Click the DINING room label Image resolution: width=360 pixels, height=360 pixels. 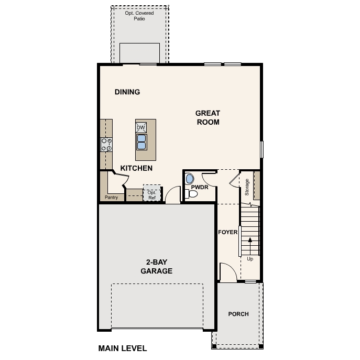[127, 92]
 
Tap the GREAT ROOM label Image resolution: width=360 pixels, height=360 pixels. [208, 117]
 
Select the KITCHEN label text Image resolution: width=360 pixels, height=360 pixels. [136, 168]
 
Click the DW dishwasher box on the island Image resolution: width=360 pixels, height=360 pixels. [141, 127]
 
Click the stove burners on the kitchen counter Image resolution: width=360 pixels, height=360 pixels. [106, 144]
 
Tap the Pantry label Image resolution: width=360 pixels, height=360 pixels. [111, 198]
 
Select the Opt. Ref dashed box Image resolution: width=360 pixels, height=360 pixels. [152, 193]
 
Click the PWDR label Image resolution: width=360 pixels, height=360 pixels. [200, 187]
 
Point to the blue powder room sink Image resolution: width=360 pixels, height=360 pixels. [190, 179]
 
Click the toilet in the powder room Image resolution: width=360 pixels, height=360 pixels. [192, 194]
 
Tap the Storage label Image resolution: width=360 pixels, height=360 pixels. [247, 187]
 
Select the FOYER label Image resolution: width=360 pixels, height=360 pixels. [228, 232]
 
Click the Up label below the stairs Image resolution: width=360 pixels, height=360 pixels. [250, 259]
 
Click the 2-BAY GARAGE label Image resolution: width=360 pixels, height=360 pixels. [156, 267]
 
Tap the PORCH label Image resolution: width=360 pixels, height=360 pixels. [238, 314]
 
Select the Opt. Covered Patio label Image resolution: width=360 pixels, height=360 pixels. [139, 15]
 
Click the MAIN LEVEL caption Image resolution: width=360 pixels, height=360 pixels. [123, 348]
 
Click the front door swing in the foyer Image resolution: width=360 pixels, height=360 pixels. [227, 272]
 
